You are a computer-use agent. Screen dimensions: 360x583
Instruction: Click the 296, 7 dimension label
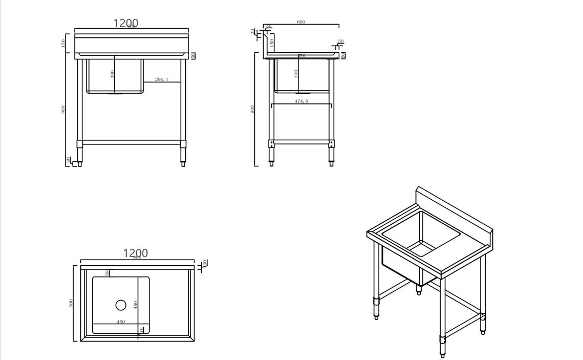(162, 79)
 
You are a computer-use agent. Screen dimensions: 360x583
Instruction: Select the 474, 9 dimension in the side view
(301, 101)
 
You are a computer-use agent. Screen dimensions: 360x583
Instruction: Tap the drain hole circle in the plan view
(121, 305)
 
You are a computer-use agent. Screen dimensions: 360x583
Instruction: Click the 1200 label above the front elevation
(125, 23)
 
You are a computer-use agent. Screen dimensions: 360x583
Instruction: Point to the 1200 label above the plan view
(136, 253)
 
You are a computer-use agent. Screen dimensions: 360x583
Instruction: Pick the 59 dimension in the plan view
(107, 273)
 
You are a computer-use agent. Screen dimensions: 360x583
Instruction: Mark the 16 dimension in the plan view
(142, 330)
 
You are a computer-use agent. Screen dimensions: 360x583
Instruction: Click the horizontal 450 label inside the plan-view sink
(121, 322)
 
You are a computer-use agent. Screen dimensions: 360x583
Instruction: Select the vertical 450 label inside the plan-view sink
(136, 305)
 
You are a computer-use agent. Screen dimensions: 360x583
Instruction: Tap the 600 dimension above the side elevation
(301, 22)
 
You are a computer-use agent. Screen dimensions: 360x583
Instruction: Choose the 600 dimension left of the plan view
(71, 303)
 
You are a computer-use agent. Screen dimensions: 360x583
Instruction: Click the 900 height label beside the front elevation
(63, 110)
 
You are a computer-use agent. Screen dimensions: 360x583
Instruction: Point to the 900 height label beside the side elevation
(252, 110)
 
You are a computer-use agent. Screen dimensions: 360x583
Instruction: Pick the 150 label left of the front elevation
(63, 43)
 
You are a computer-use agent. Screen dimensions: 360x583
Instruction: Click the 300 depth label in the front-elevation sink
(113, 74)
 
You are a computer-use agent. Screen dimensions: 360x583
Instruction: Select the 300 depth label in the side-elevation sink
(296, 74)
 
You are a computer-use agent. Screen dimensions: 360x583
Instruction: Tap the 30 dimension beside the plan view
(205, 263)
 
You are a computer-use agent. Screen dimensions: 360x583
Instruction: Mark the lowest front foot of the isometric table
(443, 355)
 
